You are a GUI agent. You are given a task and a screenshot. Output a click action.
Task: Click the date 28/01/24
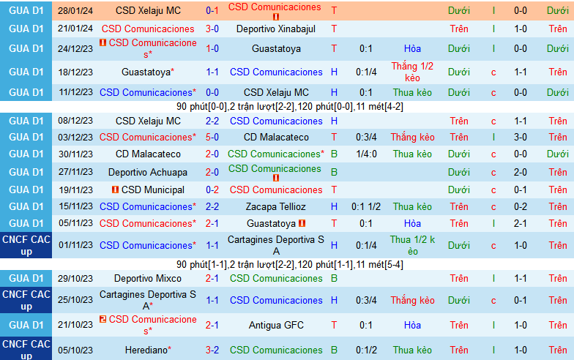point(75,11)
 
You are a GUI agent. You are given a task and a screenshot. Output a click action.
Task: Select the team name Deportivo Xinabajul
point(275,29)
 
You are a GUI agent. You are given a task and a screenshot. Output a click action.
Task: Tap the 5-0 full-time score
point(212,137)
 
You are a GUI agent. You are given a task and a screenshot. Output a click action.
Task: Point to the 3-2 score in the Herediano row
point(212,350)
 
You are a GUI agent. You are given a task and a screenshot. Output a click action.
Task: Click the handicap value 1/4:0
point(367,154)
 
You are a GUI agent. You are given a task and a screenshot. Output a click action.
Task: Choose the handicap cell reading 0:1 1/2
point(367,206)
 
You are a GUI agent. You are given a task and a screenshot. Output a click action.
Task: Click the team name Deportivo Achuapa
point(148,172)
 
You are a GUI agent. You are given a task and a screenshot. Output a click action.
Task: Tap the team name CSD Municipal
point(148,190)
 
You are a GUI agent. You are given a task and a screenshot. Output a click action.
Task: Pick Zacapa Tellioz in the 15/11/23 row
point(275,206)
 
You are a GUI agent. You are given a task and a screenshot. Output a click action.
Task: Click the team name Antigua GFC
point(275,325)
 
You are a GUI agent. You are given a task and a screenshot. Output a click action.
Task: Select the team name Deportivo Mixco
point(148,278)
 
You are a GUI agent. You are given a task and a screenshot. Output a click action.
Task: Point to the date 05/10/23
point(75,350)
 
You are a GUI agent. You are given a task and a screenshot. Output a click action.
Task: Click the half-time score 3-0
point(521,137)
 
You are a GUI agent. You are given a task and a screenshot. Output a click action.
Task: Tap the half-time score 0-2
point(521,206)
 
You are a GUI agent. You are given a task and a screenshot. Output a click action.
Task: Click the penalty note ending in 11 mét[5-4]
point(289,264)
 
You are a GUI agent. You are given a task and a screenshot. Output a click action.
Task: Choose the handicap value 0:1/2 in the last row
point(367,350)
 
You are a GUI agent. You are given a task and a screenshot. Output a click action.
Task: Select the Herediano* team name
point(148,350)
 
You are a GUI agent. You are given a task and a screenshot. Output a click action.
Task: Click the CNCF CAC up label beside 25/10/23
point(26,300)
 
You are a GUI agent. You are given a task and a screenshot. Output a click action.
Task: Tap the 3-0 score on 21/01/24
point(212,29)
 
